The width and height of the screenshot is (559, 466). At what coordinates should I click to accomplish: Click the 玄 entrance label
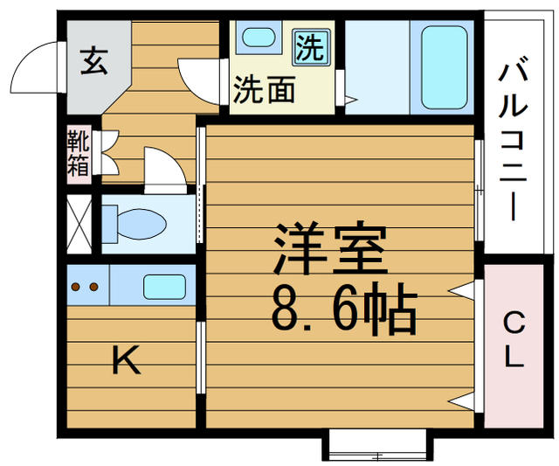coord(93,61)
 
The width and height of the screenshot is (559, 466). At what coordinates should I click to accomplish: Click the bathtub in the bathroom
coord(445,67)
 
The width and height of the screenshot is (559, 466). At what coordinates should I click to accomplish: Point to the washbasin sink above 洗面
coord(259,37)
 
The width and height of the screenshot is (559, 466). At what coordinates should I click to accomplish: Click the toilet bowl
coord(135,224)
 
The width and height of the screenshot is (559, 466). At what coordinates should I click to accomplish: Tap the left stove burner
coord(76,287)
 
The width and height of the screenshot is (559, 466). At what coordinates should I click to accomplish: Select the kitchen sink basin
coord(164,287)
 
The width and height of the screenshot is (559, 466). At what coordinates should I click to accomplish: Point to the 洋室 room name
coord(330,248)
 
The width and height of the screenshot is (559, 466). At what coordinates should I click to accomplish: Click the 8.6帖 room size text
coord(344,309)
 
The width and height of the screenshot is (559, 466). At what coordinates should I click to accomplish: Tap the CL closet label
coord(514,339)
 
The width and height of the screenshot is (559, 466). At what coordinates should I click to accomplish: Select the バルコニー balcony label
coord(514,142)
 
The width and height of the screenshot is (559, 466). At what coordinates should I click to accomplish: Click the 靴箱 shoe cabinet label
coord(79,153)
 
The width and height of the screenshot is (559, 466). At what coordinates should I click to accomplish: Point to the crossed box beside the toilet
coord(79,224)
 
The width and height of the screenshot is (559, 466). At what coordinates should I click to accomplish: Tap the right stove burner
coord(93,287)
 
